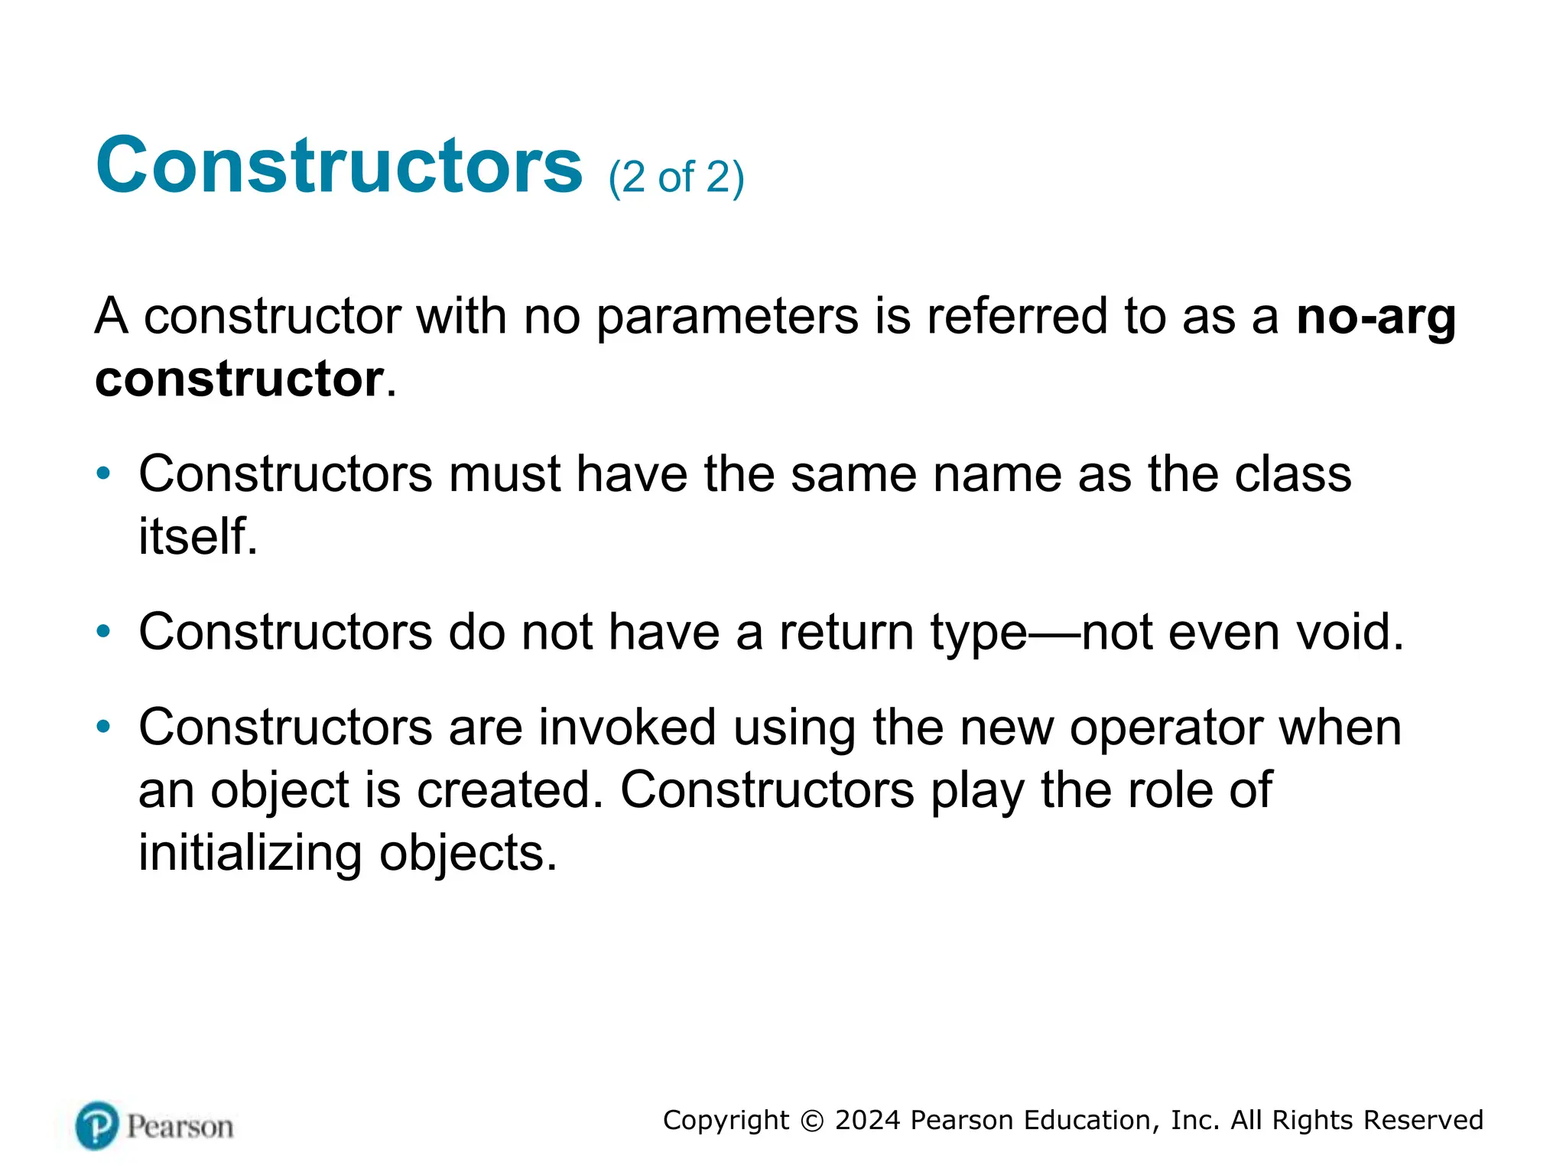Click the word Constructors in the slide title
click(x=339, y=165)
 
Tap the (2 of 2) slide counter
click(x=676, y=177)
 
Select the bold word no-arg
click(x=1376, y=317)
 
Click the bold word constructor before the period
click(x=239, y=379)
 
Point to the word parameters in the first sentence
click(x=726, y=317)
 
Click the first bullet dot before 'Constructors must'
click(x=103, y=474)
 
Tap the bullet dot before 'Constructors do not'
click(x=103, y=632)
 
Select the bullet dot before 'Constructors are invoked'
click(x=103, y=727)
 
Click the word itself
click(x=197, y=535)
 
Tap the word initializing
click(x=250, y=852)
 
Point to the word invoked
click(x=627, y=727)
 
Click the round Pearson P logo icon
click(x=97, y=1125)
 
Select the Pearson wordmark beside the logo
click(x=180, y=1127)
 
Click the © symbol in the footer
click(x=811, y=1121)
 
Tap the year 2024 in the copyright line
click(x=867, y=1121)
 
